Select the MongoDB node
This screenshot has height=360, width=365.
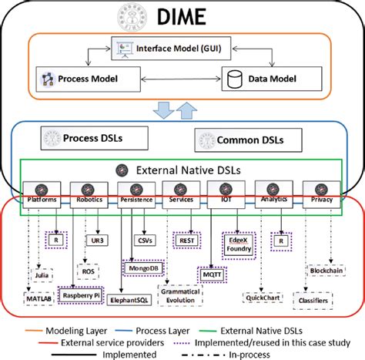click(145, 268)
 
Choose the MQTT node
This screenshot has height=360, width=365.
click(213, 273)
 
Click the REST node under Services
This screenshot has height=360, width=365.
click(186, 239)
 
